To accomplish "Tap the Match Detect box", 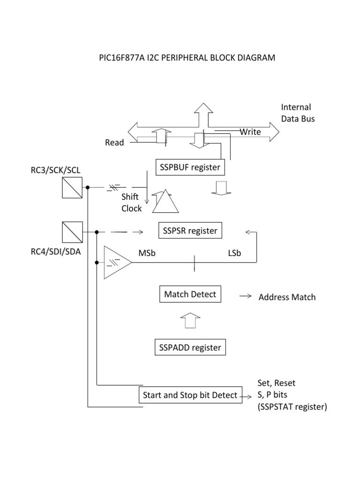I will [190, 294].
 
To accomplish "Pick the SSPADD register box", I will [190, 348].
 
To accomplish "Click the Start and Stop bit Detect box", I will [190, 395].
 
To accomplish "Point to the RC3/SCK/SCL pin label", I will [56, 170].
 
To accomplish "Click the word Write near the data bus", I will [250, 132].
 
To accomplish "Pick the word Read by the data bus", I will [114, 142].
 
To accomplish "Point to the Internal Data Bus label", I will [298, 113].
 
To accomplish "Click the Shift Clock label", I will [131, 202].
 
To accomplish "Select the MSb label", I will [148, 253].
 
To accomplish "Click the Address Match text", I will [287, 297].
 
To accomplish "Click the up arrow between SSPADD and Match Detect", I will [190, 322].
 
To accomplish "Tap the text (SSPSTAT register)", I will [291, 407].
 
